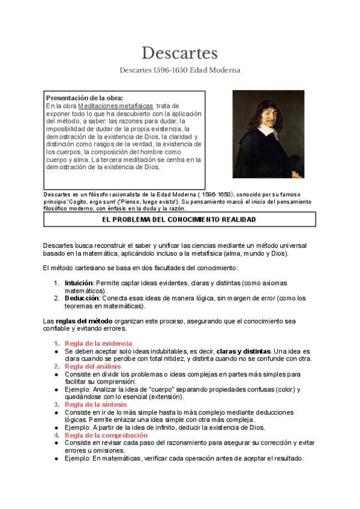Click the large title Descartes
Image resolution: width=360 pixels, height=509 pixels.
(179, 53)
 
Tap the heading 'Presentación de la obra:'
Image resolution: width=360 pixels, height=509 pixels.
(85, 97)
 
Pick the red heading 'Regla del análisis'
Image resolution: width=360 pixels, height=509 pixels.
(92, 366)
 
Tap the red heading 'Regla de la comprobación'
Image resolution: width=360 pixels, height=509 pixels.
(106, 435)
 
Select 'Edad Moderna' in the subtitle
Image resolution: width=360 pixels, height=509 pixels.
(215, 70)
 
